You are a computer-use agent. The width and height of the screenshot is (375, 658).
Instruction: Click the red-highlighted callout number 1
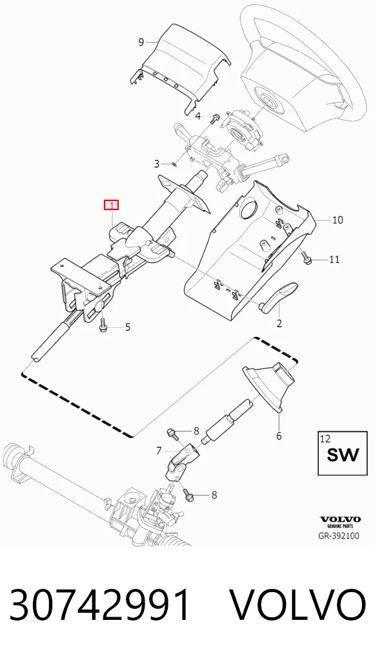tap(112, 205)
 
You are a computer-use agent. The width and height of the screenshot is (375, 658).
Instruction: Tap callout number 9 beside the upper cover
tap(141, 41)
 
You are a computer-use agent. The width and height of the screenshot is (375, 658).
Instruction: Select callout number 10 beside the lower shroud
tap(338, 220)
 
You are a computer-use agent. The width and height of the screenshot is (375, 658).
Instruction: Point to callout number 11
tap(334, 259)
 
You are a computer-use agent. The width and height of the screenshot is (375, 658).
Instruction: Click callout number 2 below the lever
tap(279, 323)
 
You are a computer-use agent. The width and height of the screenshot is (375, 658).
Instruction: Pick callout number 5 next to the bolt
tap(128, 327)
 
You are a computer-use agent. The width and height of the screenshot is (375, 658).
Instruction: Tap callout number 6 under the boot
tap(279, 436)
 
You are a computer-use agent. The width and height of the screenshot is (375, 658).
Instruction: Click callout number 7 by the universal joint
tap(159, 451)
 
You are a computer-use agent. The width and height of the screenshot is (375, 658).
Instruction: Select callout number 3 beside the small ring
tap(157, 164)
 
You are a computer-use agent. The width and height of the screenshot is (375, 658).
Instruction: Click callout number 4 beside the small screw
tap(198, 116)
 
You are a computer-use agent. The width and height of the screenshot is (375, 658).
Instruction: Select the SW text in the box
tap(343, 455)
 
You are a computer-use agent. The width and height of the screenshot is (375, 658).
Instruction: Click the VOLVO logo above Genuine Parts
tap(340, 520)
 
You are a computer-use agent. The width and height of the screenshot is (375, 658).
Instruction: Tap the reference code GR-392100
tap(339, 536)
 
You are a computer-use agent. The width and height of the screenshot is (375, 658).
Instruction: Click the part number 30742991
tap(100, 604)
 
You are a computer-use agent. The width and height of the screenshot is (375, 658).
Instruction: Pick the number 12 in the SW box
tap(325, 439)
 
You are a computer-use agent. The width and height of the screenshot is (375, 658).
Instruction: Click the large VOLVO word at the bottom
tap(298, 604)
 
